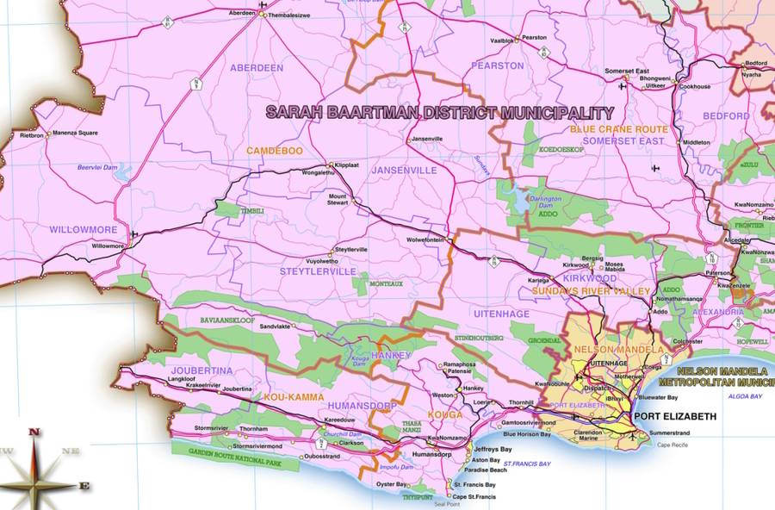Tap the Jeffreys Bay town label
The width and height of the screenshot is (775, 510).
click(494, 450)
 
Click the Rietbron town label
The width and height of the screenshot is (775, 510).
click(32, 134)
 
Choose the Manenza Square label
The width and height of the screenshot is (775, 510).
click(75, 134)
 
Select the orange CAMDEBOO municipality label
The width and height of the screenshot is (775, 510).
click(274, 151)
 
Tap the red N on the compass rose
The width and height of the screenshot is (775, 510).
click(34, 432)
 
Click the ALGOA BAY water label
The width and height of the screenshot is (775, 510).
click(745, 396)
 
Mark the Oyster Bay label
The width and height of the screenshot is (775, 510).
click(392, 484)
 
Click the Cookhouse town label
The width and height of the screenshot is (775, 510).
click(695, 87)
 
